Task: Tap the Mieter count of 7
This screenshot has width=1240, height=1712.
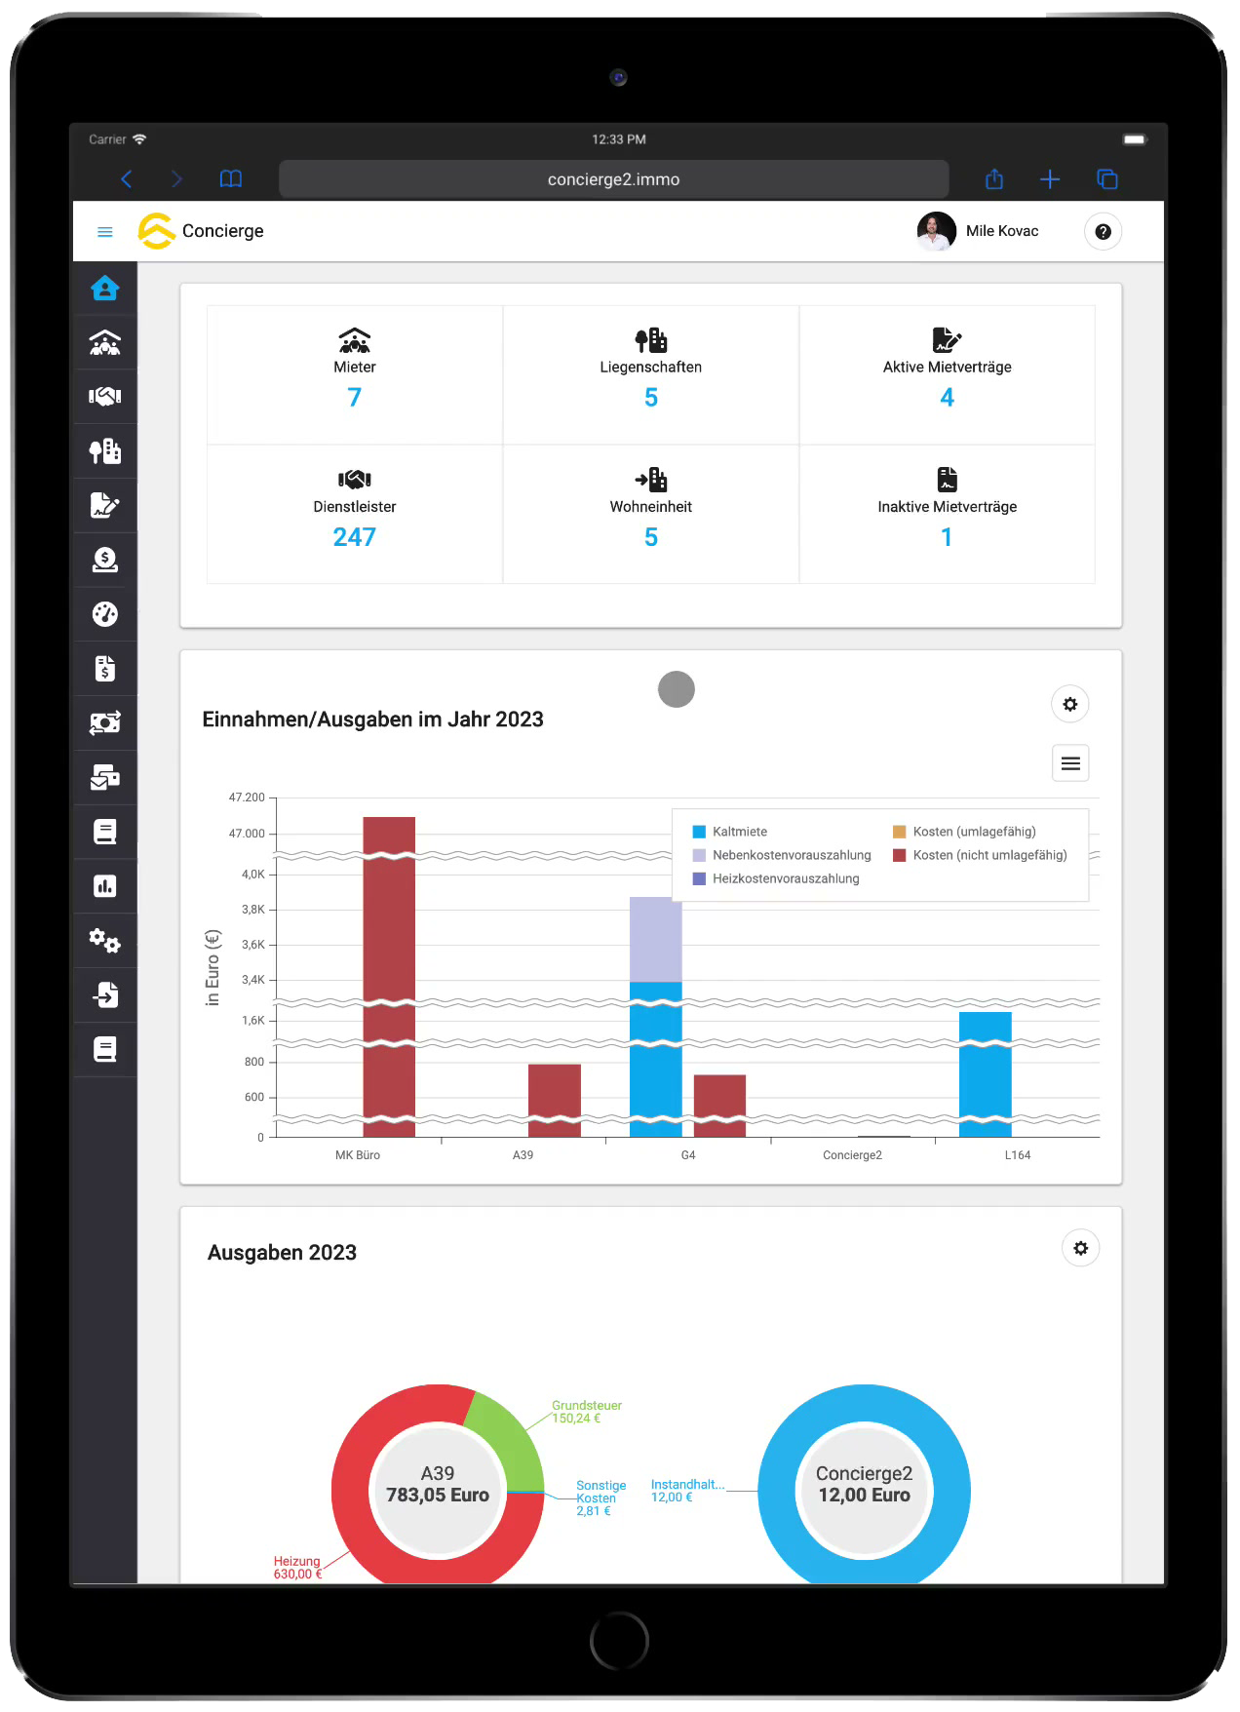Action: [x=354, y=398]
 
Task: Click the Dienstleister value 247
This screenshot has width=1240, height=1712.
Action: [x=354, y=537]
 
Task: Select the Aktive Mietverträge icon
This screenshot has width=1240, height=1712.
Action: [x=947, y=339]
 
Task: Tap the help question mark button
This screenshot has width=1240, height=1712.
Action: [x=1103, y=231]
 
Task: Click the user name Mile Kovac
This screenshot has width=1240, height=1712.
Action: [x=1002, y=231]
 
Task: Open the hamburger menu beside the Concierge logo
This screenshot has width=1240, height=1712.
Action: [x=105, y=232]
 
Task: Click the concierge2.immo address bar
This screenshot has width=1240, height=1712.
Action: [x=613, y=179]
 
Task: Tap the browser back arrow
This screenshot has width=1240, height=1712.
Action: [x=127, y=179]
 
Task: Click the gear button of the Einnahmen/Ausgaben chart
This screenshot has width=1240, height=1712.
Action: [x=1069, y=704]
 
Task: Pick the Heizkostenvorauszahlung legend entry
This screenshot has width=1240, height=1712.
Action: [x=776, y=878]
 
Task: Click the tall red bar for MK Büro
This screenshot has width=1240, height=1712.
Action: [x=389, y=976]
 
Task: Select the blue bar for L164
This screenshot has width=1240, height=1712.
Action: [x=985, y=1074]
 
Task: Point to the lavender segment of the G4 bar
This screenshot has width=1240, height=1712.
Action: [x=655, y=939]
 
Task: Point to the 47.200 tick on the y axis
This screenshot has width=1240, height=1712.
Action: [x=247, y=798]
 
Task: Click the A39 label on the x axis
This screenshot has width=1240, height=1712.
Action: [x=523, y=1155]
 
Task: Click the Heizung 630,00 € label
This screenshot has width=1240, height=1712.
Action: [x=297, y=1568]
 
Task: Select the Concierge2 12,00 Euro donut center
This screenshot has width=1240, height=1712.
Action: [x=864, y=1485]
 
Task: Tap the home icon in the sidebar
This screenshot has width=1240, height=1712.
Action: [x=105, y=288]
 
